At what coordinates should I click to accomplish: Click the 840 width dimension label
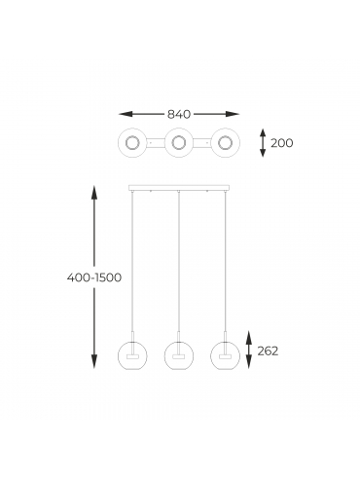179,114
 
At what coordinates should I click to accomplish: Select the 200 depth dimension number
282,143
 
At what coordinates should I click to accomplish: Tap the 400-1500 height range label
94,277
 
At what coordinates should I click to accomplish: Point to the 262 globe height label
268,351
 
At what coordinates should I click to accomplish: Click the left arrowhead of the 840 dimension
126,114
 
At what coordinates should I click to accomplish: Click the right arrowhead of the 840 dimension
233,114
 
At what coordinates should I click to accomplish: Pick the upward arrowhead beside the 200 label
263,132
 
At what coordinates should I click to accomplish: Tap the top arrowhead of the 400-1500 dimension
94,193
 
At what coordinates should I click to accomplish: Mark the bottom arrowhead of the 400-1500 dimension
94,361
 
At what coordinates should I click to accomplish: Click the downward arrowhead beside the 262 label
249,361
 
